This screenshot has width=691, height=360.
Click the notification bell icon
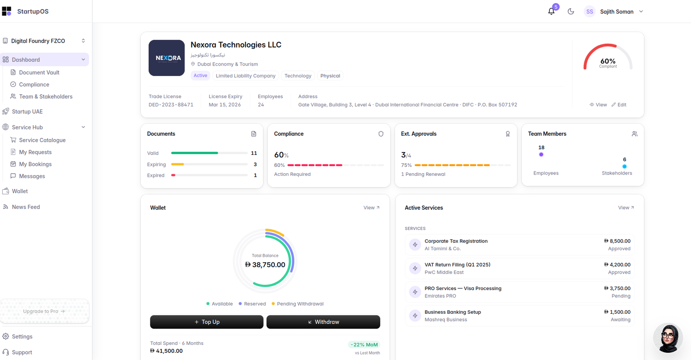click(x=551, y=11)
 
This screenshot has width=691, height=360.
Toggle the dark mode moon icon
click(x=571, y=11)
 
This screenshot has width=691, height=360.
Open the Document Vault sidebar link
click(x=39, y=72)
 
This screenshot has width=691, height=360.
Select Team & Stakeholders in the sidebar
click(x=46, y=96)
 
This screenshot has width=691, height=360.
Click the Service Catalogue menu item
click(x=42, y=140)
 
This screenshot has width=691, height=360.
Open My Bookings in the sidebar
click(x=35, y=164)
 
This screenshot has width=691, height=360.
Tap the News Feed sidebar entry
click(x=26, y=207)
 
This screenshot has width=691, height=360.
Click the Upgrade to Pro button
click(x=44, y=311)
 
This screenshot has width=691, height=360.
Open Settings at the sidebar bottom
click(x=22, y=336)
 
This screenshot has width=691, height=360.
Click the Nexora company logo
click(x=167, y=58)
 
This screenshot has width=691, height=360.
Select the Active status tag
click(x=200, y=76)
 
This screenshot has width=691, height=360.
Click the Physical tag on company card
click(x=330, y=76)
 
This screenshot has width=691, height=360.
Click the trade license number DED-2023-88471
click(x=171, y=105)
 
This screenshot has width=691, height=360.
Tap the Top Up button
click(x=207, y=322)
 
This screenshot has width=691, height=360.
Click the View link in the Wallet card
click(x=371, y=207)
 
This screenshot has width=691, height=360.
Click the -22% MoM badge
click(x=364, y=344)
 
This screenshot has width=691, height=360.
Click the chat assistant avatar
click(x=668, y=338)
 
